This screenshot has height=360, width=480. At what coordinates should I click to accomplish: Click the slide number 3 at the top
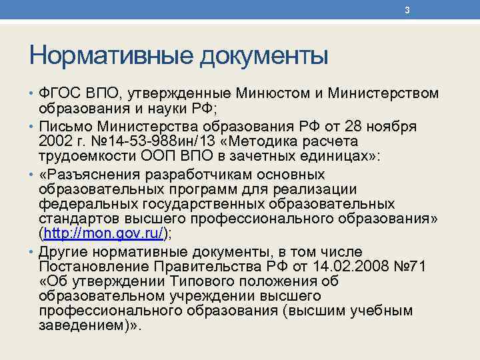407,10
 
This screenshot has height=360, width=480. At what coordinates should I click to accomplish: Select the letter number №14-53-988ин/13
149,142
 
